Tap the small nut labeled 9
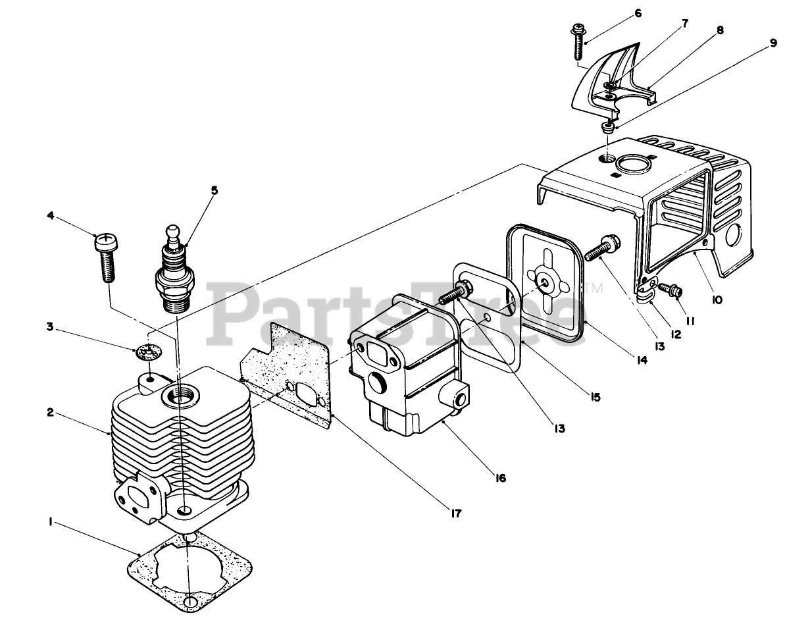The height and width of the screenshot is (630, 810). click(609, 126)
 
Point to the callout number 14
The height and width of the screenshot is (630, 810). click(640, 360)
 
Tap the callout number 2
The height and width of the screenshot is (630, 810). click(49, 413)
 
